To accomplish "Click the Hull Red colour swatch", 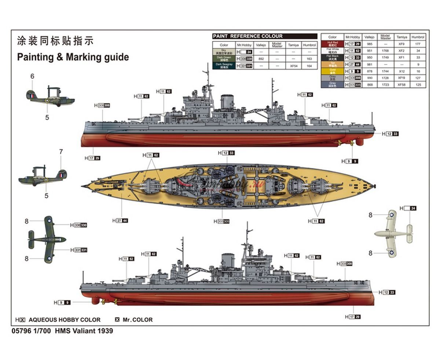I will [332, 44].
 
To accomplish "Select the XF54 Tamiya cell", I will [293, 66].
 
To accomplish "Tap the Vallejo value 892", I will [261, 59].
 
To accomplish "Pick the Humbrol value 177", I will [418, 44].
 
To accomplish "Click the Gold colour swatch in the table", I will [332, 71].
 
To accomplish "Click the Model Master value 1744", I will [385, 71].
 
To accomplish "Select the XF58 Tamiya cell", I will [401, 85].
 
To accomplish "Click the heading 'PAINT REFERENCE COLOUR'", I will [248, 36].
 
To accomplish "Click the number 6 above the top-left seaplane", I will [32, 76].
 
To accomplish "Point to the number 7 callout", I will [61, 151].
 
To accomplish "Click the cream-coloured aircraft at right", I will [393, 233].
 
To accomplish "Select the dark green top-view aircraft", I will [48, 239].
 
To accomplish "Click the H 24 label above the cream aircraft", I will [408, 208].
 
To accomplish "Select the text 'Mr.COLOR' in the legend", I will [137, 320].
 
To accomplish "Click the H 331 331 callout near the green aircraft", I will [80, 250].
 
